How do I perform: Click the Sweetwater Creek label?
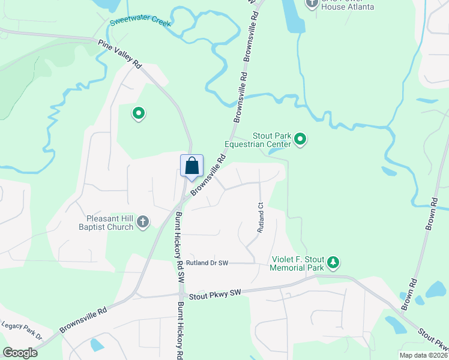click(x=140, y=23)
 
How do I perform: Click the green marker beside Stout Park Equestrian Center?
click(x=301, y=140)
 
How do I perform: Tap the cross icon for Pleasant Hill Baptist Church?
click(x=143, y=222)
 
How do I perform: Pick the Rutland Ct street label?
click(x=261, y=217)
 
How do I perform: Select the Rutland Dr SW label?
click(x=207, y=263)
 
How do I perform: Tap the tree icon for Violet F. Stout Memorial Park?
click(x=334, y=262)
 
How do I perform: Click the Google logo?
click(x=20, y=353)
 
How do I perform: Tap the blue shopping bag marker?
click(x=191, y=166)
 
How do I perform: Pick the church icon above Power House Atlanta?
click(x=312, y=3)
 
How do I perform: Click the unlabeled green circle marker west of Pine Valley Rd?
click(x=139, y=112)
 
